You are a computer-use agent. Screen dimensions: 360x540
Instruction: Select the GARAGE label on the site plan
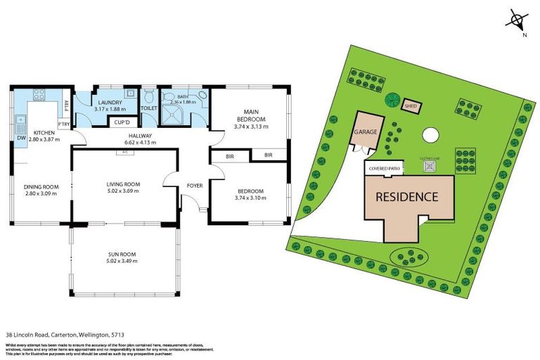point(366,131)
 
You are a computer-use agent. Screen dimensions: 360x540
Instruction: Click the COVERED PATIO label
point(382,169)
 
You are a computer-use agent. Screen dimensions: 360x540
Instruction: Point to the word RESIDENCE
point(407,198)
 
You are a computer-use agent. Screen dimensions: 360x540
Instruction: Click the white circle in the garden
point(430,134)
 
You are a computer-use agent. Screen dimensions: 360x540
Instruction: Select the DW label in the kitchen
point(21,138)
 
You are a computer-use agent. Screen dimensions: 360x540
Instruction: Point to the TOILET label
point(148,109)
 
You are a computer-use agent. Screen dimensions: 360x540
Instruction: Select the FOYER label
point(194,186)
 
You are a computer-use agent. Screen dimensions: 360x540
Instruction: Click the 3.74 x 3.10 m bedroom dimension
point(250,198)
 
